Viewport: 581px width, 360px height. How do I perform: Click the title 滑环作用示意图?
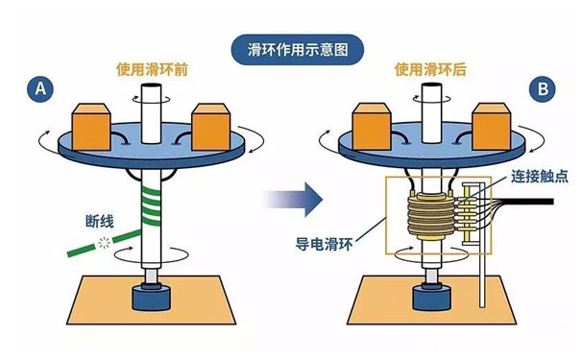pyautogui.click(x=298, y=50)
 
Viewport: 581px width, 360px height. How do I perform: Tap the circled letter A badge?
pyautogui.click(x=40, y=89)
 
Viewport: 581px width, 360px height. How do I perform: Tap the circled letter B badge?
pyautogui.click(x=543, y=89)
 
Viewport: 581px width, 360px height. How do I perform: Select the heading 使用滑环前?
pyautogui.click(x=152, y=70)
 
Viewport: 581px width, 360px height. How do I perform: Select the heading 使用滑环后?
pyautogui.click(x=430, y=70)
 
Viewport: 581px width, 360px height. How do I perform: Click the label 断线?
pyautogui.click(x=100, y=222)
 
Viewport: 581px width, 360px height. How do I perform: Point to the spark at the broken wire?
pyautogui.click(x=104, y=243)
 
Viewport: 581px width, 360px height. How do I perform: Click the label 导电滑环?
pyautogui.click(x=325, y=245)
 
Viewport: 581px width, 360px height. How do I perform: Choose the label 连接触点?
pyautogui.click(x=540, y=177)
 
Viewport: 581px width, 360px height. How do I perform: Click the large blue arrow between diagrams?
pyautogui.click(x=293, y=200)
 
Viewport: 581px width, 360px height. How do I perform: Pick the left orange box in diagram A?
pyautogui.click(x=91, y=127)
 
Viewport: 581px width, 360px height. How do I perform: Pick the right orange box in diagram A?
pyautogui.click(x=211, y=127)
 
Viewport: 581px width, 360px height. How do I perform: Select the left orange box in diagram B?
pyautogui.click(x=372, y=127)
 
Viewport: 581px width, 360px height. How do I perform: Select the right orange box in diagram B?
pyautogui.click(x=492, y=127)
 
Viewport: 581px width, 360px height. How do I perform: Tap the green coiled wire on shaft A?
pyautogui.click(x=151, y=206)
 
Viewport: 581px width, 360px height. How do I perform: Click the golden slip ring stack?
pyautogui.click(x=431, y=217)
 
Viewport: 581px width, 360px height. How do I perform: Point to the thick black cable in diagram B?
pyautogui.click(x=527, y=202)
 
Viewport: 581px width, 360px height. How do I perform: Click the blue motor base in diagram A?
pyautogui.click(x=152, y=297)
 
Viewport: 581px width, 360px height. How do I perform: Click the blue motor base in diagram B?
pyautogui.click(x=432, y=297)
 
